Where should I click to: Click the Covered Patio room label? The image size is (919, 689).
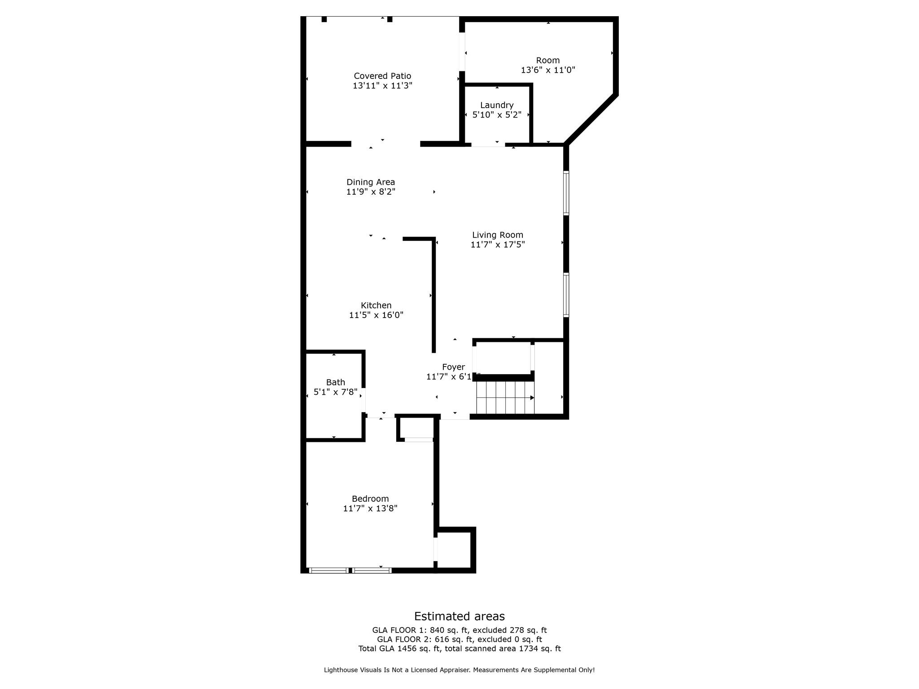click(x=382, y=76)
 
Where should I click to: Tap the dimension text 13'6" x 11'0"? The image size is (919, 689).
click(x=548, y=70)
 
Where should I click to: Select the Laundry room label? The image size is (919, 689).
click(x=497, y=105)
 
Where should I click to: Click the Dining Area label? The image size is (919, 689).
click(x=371, y=182)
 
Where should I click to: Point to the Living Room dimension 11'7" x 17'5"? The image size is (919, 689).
click(x=498, y=244)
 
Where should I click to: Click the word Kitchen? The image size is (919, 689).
click(x=376, y=305)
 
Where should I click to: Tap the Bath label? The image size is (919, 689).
click(x=335, y=382)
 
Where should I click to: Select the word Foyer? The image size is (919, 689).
click(x=453, y=367)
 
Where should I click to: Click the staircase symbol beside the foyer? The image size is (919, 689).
click(x=505, y=397)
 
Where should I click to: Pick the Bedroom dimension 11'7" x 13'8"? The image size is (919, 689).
click(x=370, y=508)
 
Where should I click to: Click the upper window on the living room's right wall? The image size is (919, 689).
click(x=566, y=193)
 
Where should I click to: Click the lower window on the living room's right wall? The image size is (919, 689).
click(x=566, y=295)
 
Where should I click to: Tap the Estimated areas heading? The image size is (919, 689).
click(x=459, y=616)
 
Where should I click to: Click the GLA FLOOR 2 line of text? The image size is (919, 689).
click(x=459, y=639)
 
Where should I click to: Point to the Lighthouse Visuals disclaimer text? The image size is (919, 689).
click(x=459, y=670)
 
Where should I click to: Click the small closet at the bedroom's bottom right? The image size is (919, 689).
click(x=454, y=550)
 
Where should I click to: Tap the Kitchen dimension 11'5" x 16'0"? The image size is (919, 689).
click(x=376, y=315)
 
